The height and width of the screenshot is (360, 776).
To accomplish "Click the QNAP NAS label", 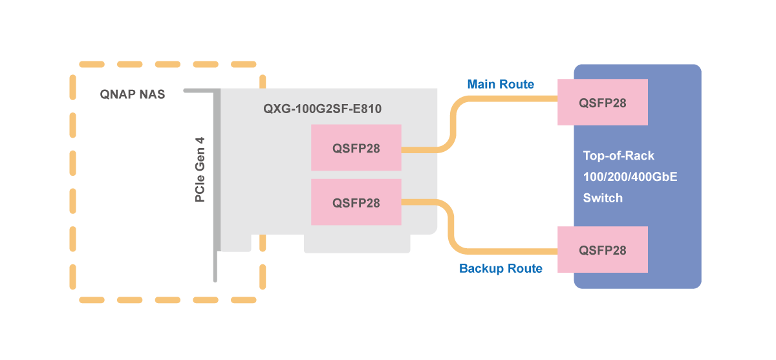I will pyautogui.click(x=133, y=94).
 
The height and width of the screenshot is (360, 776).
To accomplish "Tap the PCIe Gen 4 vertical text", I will pyautogui.click(x=200, y=169).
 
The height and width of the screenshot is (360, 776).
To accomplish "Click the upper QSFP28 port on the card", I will pyautogui.click(x=356, y=147).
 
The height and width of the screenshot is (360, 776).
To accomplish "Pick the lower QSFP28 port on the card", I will pyautogui.click(x=356, y=202).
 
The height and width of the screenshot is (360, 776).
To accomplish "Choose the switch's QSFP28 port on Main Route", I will pyautogui.click(x=603, y=102).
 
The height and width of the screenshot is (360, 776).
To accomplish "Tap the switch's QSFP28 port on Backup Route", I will pyautogui.click(x=603, y=249).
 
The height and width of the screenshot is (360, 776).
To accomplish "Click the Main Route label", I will pyautogui.click(x=501, y=84).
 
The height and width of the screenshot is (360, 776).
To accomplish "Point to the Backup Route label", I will pyautogui.click(x=501, y=268).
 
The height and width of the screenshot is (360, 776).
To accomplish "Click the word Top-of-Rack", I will pyautogui.click(x=619, y=156).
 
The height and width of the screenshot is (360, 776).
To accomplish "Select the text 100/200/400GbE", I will pyautogui.click(x=630, y=176).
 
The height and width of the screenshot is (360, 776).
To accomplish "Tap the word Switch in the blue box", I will pyautogui.click(x=603, y=198).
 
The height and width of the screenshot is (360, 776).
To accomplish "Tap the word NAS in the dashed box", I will pyautogui.click(x=153, y=94).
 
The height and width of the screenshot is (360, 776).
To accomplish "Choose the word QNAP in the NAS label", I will pyautogui.click(x=118, y=94).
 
